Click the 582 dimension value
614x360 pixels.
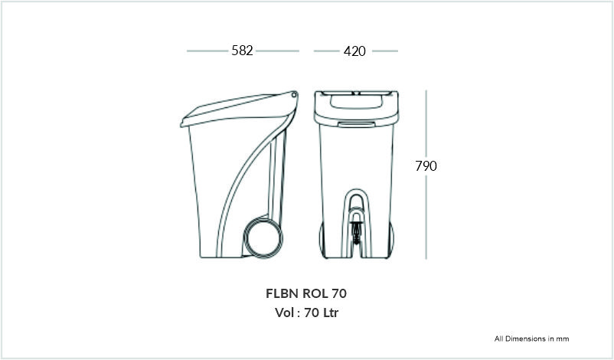[242, 51]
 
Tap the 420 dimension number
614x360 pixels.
[354, 51]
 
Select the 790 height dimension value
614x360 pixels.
[426, 166]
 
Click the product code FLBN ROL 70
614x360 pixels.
[306, 293]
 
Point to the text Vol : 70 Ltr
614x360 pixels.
[306, 313]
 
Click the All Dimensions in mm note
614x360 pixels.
[531, 339]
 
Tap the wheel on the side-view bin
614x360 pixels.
[263, 238]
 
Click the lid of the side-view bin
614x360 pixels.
[239, 109]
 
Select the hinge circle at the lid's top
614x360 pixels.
[294, 94]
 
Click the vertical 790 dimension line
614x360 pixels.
[426, 175]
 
